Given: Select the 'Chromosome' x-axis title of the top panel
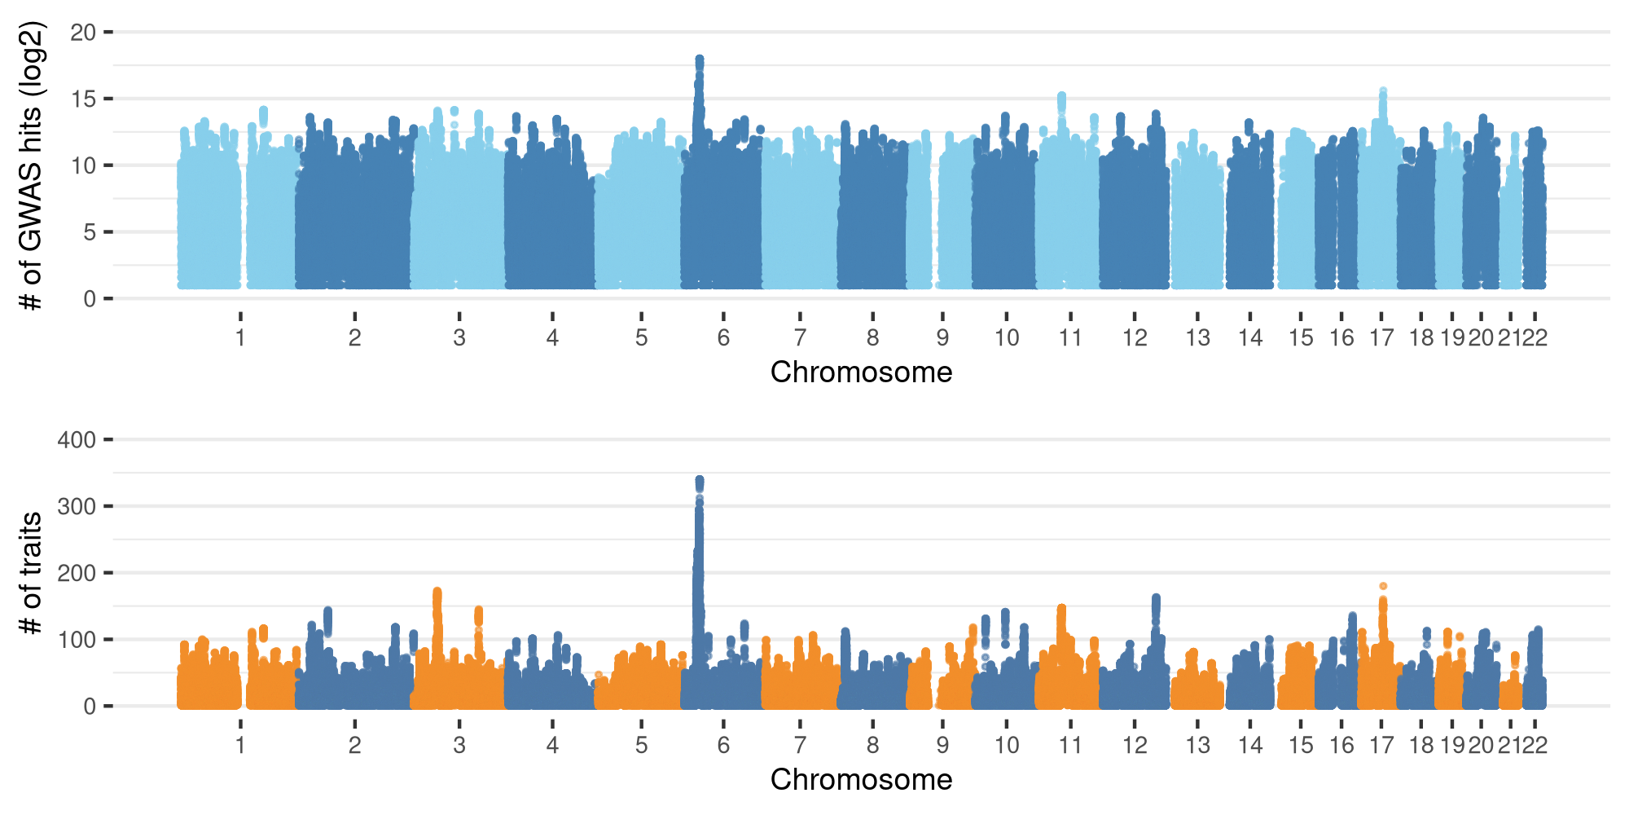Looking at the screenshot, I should (x=861, y=372).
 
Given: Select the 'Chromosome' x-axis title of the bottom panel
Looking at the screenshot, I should (x=861, y=780).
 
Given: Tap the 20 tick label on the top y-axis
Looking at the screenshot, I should (x=83, y=33).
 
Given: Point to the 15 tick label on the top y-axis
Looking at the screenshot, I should (x=83, y=99).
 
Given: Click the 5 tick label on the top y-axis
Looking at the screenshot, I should (x=89, y=232).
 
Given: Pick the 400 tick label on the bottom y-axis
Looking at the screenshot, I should (x=77, y=440).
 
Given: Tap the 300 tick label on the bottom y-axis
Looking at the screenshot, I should (x=77, y=507).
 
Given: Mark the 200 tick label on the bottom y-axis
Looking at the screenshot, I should (x=77, y=573).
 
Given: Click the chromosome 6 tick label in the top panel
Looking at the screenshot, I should (x=723, y=337).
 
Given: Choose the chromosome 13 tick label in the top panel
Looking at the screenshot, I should (x=1197, y=337).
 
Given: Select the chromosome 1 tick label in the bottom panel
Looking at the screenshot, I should (x=240, y=745).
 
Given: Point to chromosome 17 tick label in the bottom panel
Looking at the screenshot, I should (x=1381, y=745).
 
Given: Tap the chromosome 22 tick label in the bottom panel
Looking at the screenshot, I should (x=1535, y=745).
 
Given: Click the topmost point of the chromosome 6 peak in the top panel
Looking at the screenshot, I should (x=699, y=59).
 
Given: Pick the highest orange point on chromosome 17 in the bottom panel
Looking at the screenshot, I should (x=1383, y=586).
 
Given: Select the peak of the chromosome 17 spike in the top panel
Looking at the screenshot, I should (x=1383, y=91).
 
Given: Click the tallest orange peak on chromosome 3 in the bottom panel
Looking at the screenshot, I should (x=437, y=592).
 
